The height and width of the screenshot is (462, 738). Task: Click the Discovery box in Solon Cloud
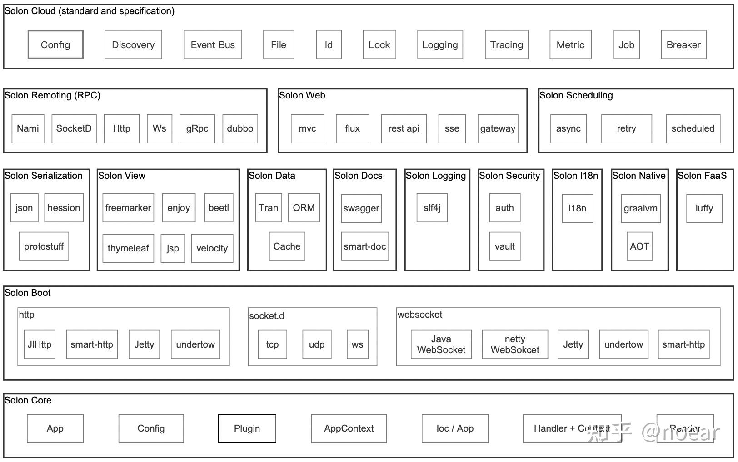coord(133,44)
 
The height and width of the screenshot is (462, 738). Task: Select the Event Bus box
coord(213,44)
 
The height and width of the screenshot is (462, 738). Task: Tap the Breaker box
coord(683,44)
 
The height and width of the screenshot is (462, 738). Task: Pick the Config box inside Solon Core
coord(151,428)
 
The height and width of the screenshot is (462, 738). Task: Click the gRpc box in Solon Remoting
coord(197,128)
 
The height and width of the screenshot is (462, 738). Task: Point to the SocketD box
coord(74,128)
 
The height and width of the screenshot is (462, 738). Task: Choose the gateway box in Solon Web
coord(498,128)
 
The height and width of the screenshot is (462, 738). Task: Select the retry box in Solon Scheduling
coord(626,128)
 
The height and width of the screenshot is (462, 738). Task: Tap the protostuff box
coord(44,246)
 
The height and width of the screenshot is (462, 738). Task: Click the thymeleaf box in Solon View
coord(128,248)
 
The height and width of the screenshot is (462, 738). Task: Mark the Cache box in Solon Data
coord(287,246)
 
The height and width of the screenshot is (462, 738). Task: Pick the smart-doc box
coord(364,246)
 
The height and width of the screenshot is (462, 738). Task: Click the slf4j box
coord(432,208)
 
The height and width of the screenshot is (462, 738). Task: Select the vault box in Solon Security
coord(504,246)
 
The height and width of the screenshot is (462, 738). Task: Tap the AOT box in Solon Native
coord(639,246)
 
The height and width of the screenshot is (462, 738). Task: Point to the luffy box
coord(704,208)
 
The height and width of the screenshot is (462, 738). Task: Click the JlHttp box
coord(40,344)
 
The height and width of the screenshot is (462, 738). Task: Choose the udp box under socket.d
coord(317,344)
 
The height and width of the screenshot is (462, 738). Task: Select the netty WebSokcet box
coord(515,344)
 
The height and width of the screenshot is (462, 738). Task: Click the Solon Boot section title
coord(28,293)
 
